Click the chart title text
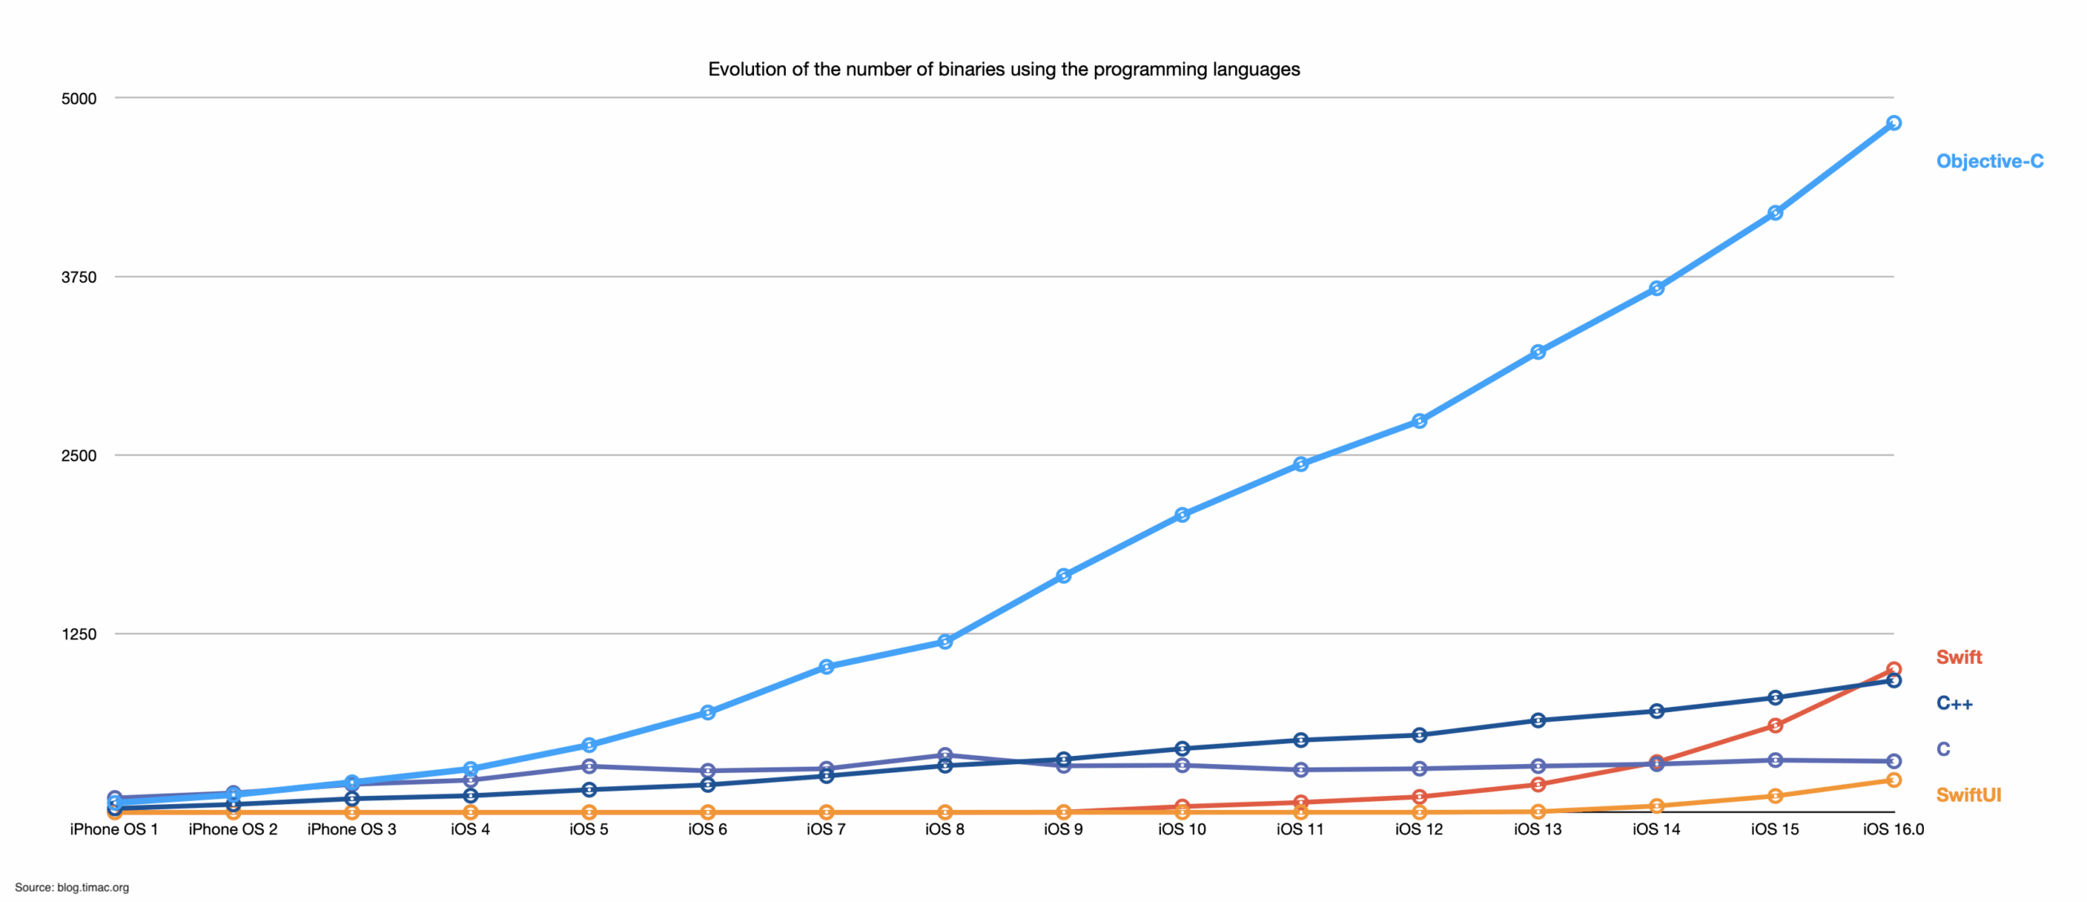1004,69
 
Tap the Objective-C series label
1989,161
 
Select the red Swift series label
1958,657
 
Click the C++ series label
1954,703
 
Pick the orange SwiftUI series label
1968,795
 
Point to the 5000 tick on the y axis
79,99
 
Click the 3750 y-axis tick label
79,277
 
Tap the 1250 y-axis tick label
79,634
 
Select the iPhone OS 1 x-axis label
114,829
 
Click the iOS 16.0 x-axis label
1893,829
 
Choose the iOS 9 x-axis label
1063,829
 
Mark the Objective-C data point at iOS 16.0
1894,123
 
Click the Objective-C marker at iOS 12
1419,422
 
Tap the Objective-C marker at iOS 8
945,643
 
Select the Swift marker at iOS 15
1775,726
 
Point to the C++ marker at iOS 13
1538,721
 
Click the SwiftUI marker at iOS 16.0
1894,780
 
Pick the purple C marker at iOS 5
589,767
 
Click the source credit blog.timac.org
72,887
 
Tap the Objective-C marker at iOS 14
1657,289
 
